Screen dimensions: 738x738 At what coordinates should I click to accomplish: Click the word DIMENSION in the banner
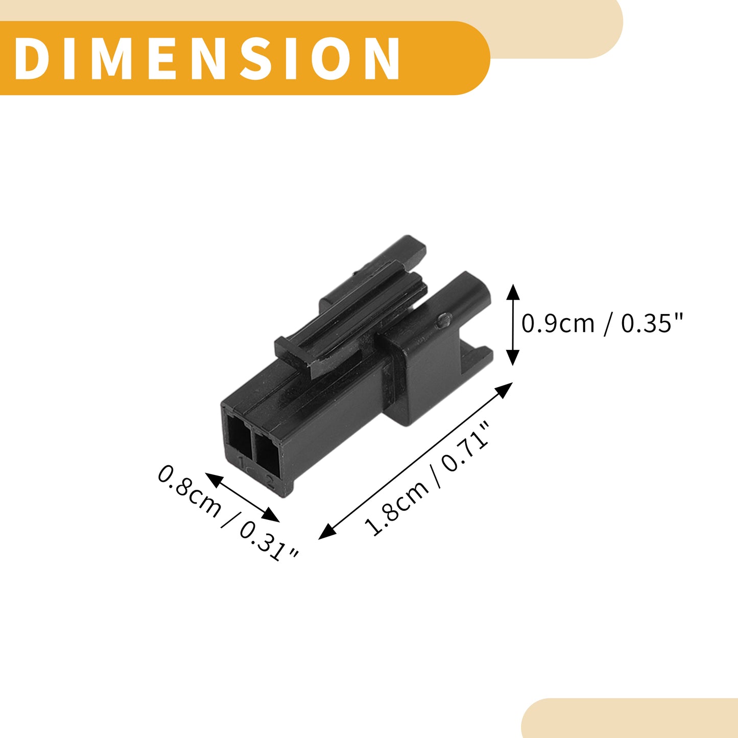click(207, 58)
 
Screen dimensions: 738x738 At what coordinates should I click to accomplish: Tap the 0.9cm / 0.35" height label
click(602, 324)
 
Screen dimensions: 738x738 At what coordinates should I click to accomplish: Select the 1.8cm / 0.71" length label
click(426, 479)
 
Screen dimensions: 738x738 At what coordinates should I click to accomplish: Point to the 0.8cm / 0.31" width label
click(227, 514)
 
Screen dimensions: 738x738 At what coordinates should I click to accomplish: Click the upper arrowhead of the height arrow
click(513, 292)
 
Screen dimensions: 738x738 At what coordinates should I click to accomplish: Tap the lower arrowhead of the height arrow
click(513, 358)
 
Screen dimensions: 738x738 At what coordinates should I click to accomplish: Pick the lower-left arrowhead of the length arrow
click(327, 532)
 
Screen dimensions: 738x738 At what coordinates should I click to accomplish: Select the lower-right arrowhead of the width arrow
click(270, 515)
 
